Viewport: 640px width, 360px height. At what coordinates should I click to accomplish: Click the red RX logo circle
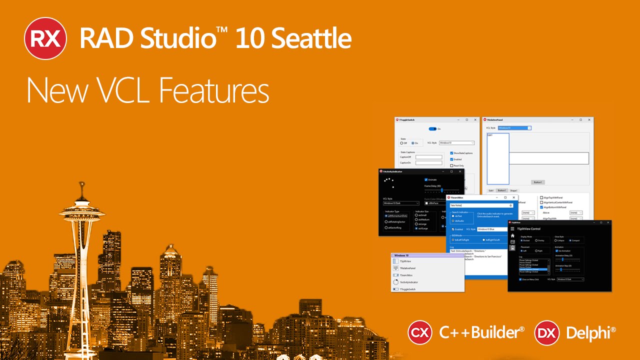coord(45,38)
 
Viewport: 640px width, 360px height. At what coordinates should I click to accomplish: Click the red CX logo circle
coord(420,332)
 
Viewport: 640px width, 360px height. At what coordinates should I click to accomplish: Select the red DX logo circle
coord(546,332)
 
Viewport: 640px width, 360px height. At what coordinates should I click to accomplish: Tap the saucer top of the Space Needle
coord(80,206)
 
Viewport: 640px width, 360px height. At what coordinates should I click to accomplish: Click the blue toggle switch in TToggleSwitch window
coord(432,129)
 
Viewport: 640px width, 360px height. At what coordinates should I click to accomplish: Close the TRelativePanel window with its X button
coord(589,120)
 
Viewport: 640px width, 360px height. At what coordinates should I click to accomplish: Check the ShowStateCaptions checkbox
coord(451,153)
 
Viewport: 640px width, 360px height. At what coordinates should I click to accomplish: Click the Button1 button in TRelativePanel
coord(537,182)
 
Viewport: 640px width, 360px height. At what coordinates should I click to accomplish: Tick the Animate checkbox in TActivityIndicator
coord(426,179)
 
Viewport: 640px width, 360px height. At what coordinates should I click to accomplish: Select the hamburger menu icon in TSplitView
coord(512,229)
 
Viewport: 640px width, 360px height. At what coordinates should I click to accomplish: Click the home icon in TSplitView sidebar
coord(512,235)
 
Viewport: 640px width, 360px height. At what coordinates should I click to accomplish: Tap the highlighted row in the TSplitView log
coord(532,269)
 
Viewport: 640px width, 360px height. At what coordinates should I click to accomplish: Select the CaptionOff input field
coord(428,157)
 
